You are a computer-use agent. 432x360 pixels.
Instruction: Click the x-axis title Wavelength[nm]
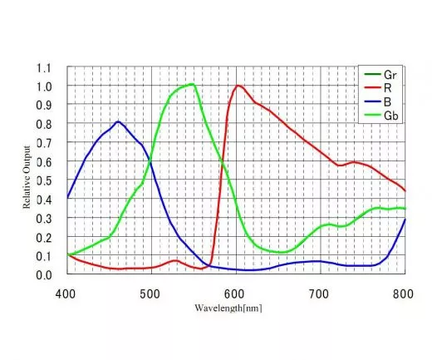point(236,307)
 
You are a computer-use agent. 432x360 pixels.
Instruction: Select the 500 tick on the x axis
point(150,293)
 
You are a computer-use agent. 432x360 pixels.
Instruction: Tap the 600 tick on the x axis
point(235,293)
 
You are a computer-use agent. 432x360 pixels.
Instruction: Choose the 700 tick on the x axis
point(319,293)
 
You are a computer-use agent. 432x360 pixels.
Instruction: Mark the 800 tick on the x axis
point(404,293)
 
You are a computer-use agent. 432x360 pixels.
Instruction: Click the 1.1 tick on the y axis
point(43,67)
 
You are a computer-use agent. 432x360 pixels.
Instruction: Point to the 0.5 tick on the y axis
point(43,180)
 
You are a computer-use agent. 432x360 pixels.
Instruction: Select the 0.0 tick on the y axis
point(43,274)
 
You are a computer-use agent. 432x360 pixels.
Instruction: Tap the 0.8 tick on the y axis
point(43,124)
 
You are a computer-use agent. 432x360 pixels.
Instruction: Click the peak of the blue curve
point(118,121)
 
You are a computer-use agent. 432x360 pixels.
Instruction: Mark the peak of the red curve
point(238,86)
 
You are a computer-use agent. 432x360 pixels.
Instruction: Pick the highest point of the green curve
point(192,84)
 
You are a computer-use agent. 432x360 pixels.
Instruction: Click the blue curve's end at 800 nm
point(405,219)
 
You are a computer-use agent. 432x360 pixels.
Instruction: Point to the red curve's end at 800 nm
point(405,190)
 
